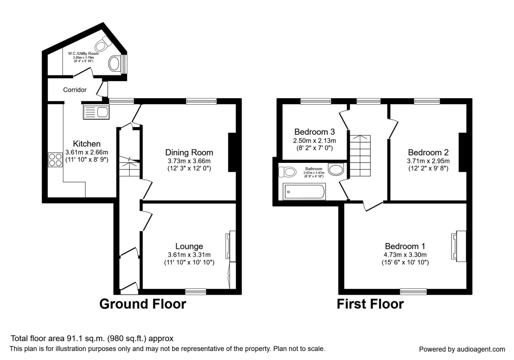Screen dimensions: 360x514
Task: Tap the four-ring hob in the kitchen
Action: click(55, 159)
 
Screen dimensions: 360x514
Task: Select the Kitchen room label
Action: click(87, 144)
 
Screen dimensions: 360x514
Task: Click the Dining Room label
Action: click(189, 153)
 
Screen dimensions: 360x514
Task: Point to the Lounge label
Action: click(189, 246)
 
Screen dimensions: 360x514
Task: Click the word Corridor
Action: click(75, 90)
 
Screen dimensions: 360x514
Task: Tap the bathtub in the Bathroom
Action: click(305, 191)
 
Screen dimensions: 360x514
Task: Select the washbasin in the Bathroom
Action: click(335, 169)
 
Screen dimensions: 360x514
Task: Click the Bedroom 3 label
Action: click(314, 132)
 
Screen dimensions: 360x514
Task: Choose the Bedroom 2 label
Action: click(428, 153)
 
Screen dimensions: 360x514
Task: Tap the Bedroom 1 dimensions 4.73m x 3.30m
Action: click(405, 254)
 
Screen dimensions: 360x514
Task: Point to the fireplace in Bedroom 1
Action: click(459, 246)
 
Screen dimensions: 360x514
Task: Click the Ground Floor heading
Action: click(143, 304)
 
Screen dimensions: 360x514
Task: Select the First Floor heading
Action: click(370, 304)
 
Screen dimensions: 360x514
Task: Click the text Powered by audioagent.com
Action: click(462, 349)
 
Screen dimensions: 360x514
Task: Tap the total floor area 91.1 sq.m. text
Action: click(92, 338)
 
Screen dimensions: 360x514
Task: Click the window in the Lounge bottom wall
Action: click(196, 291)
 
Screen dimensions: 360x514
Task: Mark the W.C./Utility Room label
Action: click(83, 54)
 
